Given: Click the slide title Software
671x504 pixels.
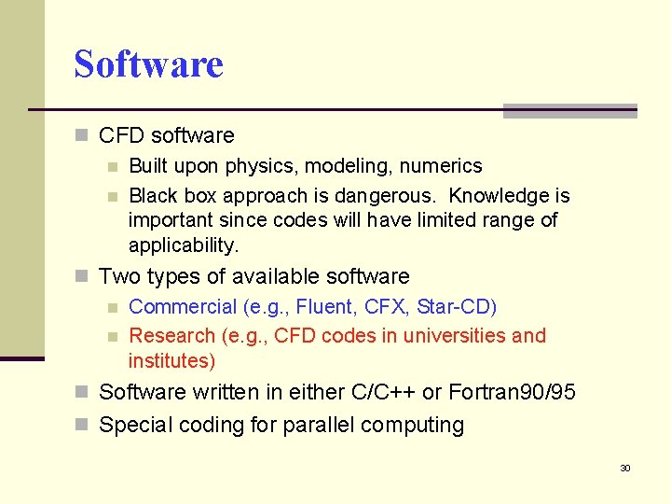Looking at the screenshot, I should pyautogui.click(x=149, y=64).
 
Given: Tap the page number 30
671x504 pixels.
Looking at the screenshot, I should pyautogui.click(x=625, y=468).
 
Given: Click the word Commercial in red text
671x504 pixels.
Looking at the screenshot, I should pyautogui.click(x=183, y=307).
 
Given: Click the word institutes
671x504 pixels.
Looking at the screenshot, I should pyautogui.click(x=169, y=360).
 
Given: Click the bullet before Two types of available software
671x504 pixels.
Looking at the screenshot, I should pyautogui.click(x=83, y=277).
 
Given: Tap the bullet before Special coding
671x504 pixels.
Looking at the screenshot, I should pyautogui.click(x=83, y=426).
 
